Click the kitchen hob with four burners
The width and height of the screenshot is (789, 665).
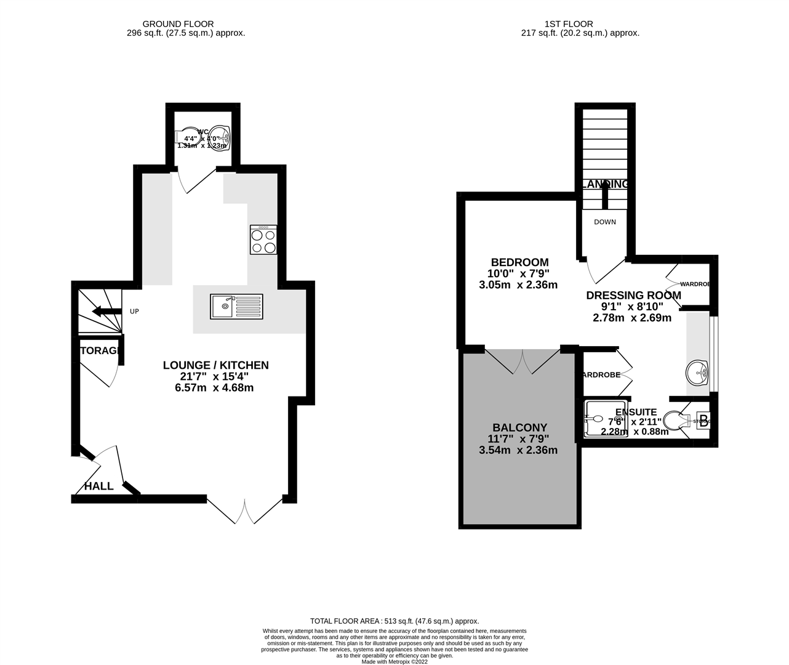click(x=263, y=240)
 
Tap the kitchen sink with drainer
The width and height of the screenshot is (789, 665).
click(x=236, y=306)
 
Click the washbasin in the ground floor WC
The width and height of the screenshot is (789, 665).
click(x=220, y=137)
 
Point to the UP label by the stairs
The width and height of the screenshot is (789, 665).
click(x=134, y=312)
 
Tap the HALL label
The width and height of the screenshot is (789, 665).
click(x=99, y=486)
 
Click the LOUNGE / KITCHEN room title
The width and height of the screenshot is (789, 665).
click(x=215, y=365)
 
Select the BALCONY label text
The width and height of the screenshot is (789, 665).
click(x=519, y=427)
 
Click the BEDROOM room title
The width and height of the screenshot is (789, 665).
click(x=519, y=262)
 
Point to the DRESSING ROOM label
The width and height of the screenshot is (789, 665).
click(x=633, y=296)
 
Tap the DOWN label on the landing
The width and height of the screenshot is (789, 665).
click(x=604, y=222)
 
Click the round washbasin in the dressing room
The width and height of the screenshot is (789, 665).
click(x=698, y=371)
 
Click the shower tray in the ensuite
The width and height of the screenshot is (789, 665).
click(x=598, y=419)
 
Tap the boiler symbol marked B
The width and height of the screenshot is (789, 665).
click(x=703, y=422)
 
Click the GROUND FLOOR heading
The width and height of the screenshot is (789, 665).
click(x=185, y=24)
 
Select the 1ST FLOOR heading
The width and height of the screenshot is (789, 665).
click(x=569, y=24)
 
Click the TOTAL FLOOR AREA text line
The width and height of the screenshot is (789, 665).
click(x=394, y=621)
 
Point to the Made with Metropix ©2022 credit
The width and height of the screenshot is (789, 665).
click(x=394, y=662)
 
